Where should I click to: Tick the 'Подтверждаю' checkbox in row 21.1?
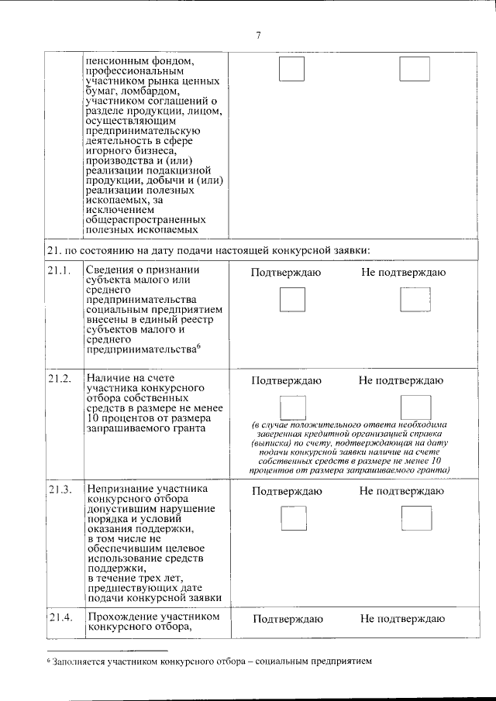pos(292,299)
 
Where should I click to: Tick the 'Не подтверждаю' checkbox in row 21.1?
pos(415,299)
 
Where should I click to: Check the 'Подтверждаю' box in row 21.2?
pos(292,407)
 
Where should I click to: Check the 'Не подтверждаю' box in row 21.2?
pos(415,407)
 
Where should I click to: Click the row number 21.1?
pos(60,270)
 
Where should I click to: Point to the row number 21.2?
pos(60,378)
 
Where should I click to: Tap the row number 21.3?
pos(60,490)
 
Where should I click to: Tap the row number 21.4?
pos(60,617)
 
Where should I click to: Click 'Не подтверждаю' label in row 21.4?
pos(401,619)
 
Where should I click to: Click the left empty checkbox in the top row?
pos(291,69)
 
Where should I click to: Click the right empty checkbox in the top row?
pos(415,69)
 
